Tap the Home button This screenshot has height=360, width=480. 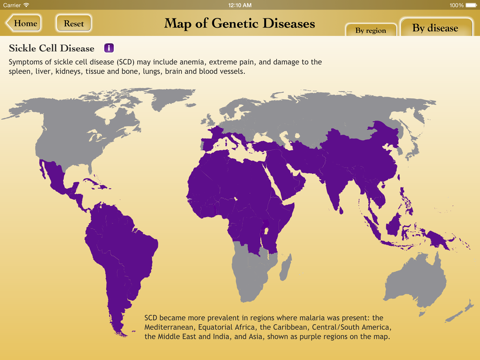coord(24,23)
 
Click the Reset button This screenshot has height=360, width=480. coord(74,23)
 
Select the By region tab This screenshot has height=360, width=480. coord(370,30)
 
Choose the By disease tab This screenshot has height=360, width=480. coord(436,28)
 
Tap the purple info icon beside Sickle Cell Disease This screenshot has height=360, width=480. coord(109,48)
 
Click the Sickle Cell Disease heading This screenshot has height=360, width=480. coord(51,48)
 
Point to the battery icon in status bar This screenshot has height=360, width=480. coord(469,5)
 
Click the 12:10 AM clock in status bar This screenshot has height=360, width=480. coord(240,5)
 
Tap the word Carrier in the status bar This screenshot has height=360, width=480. coord(13,5)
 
